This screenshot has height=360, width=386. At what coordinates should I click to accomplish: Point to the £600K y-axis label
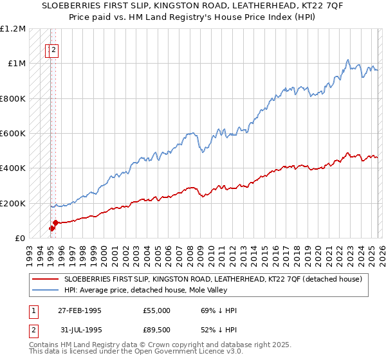point(13,134)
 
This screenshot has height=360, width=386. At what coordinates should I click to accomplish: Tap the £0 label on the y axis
point(20,239)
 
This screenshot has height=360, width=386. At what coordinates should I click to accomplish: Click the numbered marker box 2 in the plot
point(54,51)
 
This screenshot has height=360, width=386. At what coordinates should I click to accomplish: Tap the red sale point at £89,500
point(55,222)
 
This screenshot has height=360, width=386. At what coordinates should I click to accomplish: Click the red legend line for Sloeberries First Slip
point(45,279)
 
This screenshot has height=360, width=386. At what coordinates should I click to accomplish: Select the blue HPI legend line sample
point(45,290)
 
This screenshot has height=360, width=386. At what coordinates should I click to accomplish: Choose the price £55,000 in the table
point(156,310)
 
